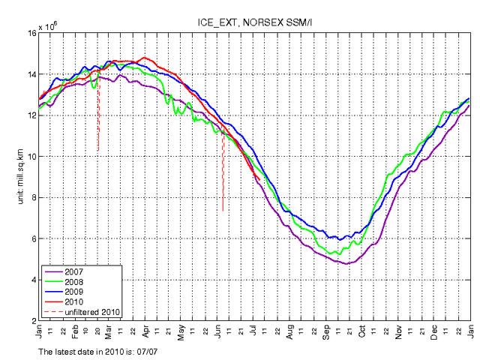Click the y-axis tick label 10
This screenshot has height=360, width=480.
[31, 157]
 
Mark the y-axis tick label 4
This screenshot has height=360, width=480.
[34, 280]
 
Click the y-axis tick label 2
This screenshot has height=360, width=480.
[34, 321]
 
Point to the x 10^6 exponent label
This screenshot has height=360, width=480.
[52, 26]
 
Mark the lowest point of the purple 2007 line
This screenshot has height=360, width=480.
[346, 264]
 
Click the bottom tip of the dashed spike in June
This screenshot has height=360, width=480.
[223, 211]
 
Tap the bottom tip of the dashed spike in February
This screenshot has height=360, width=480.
[98, 151]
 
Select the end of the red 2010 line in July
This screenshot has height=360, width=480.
[259, 178]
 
